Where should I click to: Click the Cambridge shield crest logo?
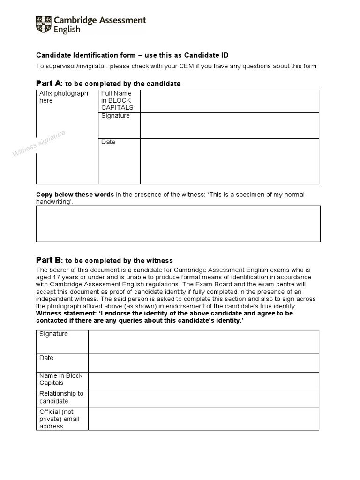44,24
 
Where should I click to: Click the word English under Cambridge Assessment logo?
67,30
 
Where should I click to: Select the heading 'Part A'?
49,83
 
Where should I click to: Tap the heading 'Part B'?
49,260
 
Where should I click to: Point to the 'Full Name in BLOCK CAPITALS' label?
117,100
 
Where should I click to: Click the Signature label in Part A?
115,116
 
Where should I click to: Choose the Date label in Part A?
108,142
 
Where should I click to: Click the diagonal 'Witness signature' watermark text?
39,145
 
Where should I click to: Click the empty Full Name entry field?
229,101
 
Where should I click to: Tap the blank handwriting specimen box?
178,224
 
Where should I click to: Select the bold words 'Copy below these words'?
75,195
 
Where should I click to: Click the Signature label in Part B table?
53,334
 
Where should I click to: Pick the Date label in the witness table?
46,358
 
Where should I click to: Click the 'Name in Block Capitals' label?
61,379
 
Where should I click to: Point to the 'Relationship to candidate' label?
61,397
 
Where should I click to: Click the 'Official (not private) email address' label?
60,419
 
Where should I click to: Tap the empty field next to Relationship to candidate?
203,399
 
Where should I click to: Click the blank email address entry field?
203,419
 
